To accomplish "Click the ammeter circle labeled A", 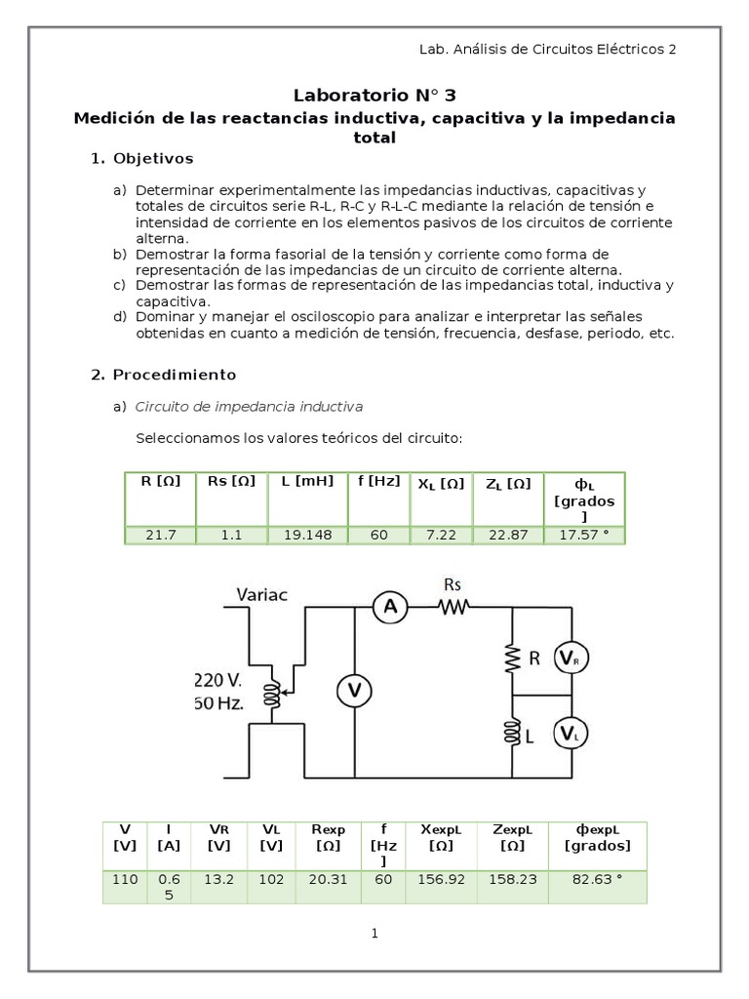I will [389, 608].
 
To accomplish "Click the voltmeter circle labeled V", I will [355, 691].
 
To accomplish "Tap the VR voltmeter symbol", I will [571, 660].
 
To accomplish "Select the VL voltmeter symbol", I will [571, 734].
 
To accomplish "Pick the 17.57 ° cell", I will [583, 535].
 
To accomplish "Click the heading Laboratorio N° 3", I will [374, 95].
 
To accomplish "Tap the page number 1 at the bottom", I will [374, 934].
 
